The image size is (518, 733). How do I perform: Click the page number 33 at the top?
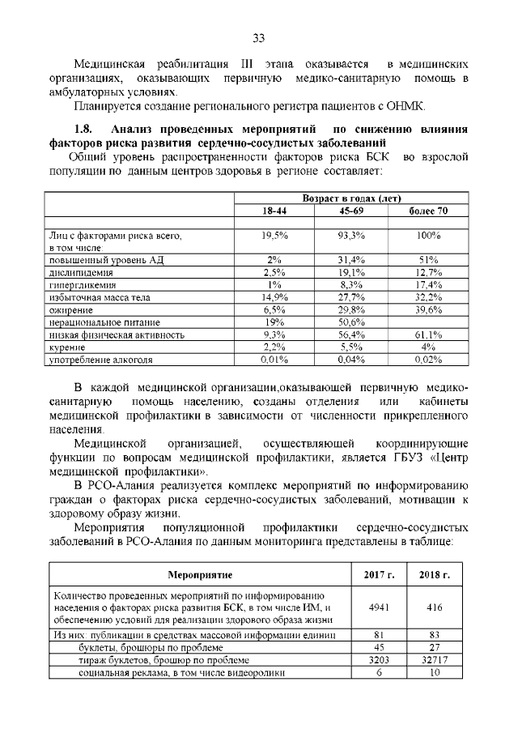(x=259, y=37)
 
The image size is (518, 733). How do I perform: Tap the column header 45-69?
(x=352, y=211)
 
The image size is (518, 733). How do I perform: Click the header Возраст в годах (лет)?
(x=351, y=198)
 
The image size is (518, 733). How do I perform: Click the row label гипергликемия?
(x=83, y=285)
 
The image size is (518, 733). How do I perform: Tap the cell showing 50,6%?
(x=352, y=322)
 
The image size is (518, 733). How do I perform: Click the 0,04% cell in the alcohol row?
(x=352, y=358)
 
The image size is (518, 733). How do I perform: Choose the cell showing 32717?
(x=435, y=659)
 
